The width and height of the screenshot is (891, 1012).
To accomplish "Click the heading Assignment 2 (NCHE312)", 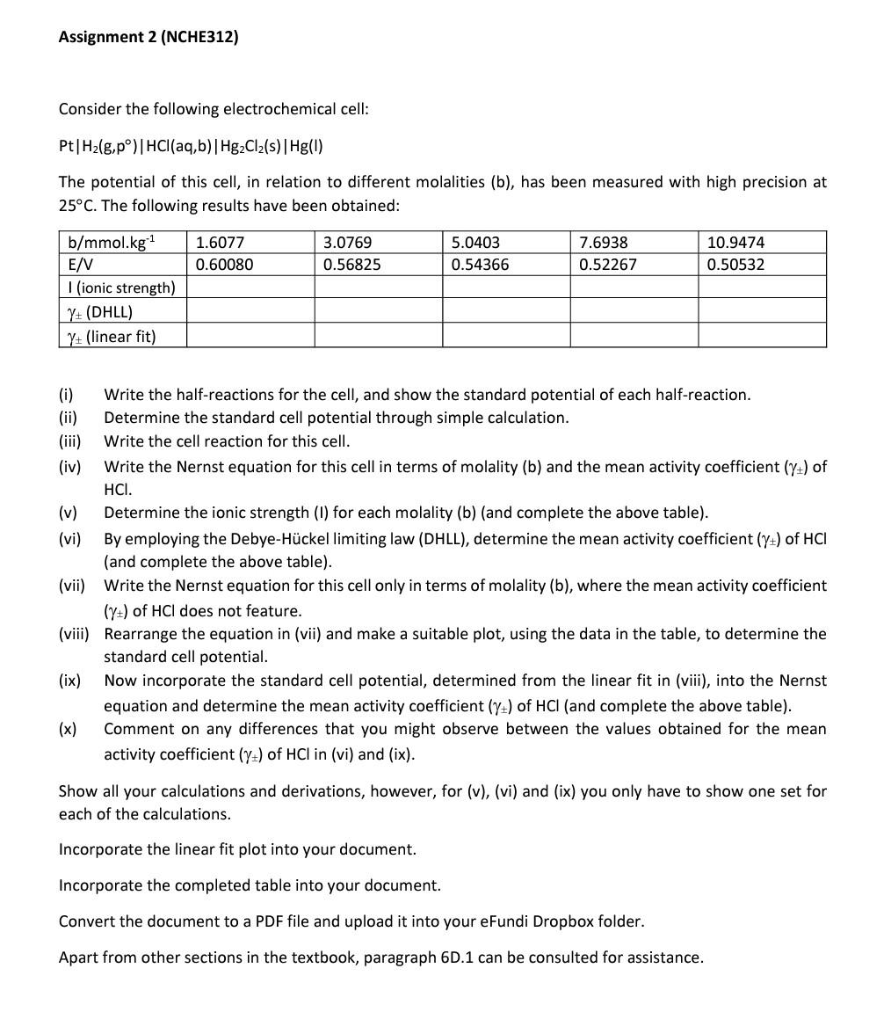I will [148, 37].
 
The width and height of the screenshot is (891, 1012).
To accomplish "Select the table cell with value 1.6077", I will [220, 242].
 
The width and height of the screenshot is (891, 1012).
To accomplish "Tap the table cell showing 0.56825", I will [351, 265].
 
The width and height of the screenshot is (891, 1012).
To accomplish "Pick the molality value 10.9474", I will [735, 242].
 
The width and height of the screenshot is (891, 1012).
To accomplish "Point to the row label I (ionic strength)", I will [121, 288].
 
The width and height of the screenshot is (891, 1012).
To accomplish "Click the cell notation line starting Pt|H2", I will [191, 146].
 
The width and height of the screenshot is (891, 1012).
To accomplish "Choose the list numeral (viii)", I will [74, 634].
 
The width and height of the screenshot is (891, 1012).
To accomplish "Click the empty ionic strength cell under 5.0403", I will [506, 288].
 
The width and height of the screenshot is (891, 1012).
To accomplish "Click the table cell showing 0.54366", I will [480, 265].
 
